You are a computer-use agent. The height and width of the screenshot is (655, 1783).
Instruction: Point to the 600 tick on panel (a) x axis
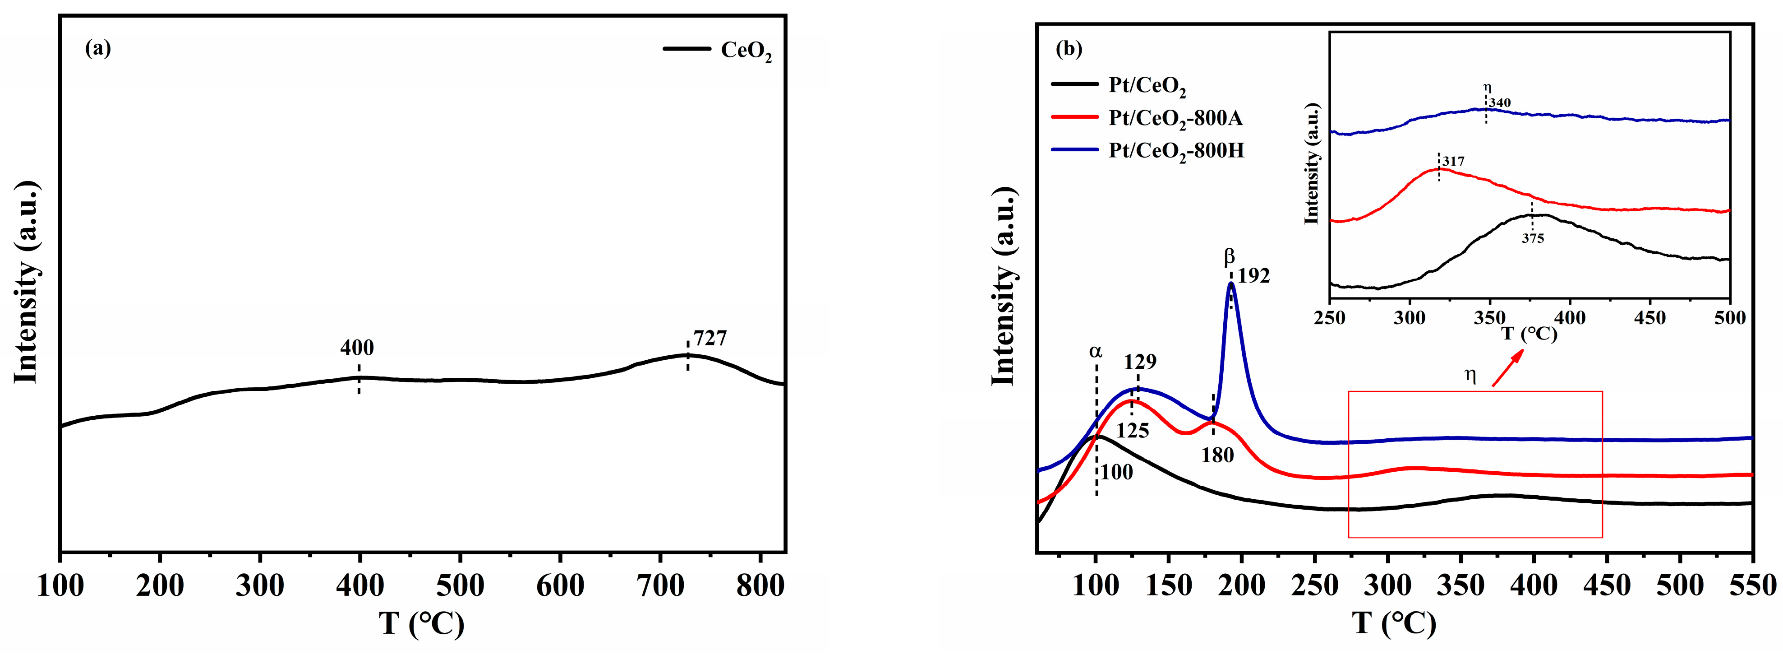click(559, 586)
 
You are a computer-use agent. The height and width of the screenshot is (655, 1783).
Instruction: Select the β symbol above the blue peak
click(1229, 258)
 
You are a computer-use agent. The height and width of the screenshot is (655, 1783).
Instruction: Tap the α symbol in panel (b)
click(1096, 352)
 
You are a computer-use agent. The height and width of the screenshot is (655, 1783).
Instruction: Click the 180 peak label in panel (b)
click(1217, 455)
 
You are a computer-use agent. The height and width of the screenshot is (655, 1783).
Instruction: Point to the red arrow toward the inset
click(1507, 368)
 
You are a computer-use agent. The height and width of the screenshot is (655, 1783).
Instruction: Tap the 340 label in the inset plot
click(1500, 104)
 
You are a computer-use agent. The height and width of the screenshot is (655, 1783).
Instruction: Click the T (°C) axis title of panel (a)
click(422, 623)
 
